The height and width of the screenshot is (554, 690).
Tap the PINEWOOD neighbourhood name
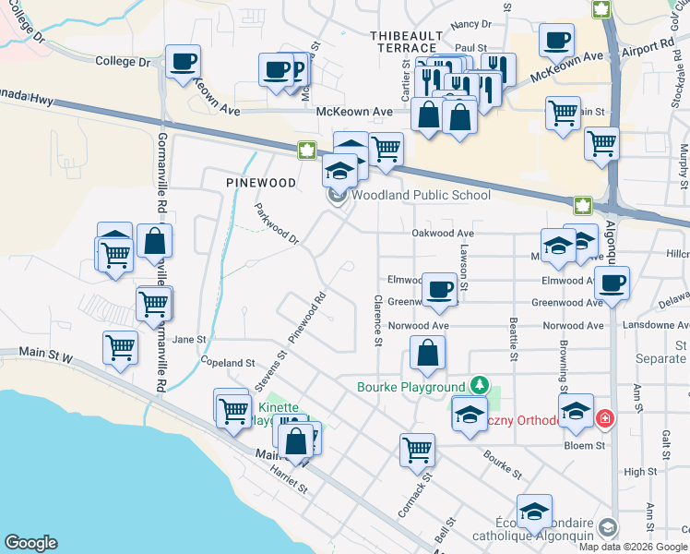click(x=262, y=183)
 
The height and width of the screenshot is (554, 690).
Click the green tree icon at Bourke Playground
click(x=478, y=384)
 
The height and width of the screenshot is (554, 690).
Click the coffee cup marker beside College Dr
click(x=183, y=62)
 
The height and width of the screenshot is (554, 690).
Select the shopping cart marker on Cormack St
click(x=417, y=451)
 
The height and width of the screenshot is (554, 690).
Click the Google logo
click(x=31, y=542)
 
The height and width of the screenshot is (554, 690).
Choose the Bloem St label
click(x=586, y=445)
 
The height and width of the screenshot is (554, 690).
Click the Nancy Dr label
click(x=471, y=24)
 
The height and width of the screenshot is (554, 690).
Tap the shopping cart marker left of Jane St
click(x=120, y=349)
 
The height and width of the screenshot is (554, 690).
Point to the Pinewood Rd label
click(x=308, y=319)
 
